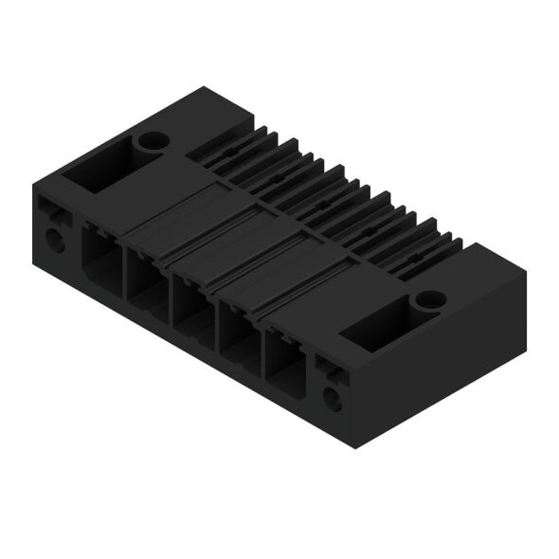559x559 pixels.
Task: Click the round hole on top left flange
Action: [x=150, y=142]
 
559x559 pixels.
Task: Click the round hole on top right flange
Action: [x=428, y=299]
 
